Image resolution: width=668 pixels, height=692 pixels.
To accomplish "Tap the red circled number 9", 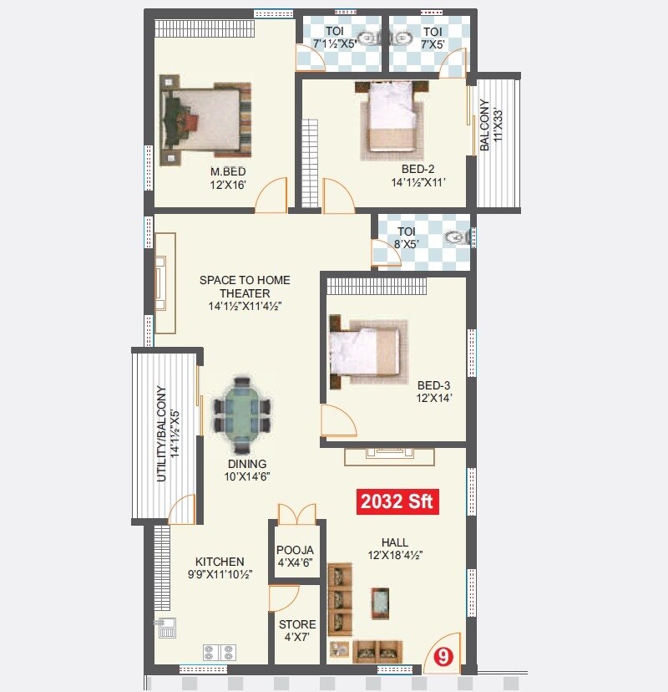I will tap(443, 657).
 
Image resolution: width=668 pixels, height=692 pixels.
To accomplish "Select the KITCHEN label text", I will tap(220, 562).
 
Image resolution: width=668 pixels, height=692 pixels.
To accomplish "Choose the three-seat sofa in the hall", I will tap(340, 598).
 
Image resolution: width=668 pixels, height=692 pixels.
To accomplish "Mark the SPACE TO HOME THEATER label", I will tap(245, 287).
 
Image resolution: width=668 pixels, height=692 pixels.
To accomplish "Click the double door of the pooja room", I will tap(296, 512).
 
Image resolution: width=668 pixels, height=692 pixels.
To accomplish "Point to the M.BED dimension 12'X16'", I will tap(228, 185).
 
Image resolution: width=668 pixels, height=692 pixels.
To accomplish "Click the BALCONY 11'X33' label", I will tap(491, 125).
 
